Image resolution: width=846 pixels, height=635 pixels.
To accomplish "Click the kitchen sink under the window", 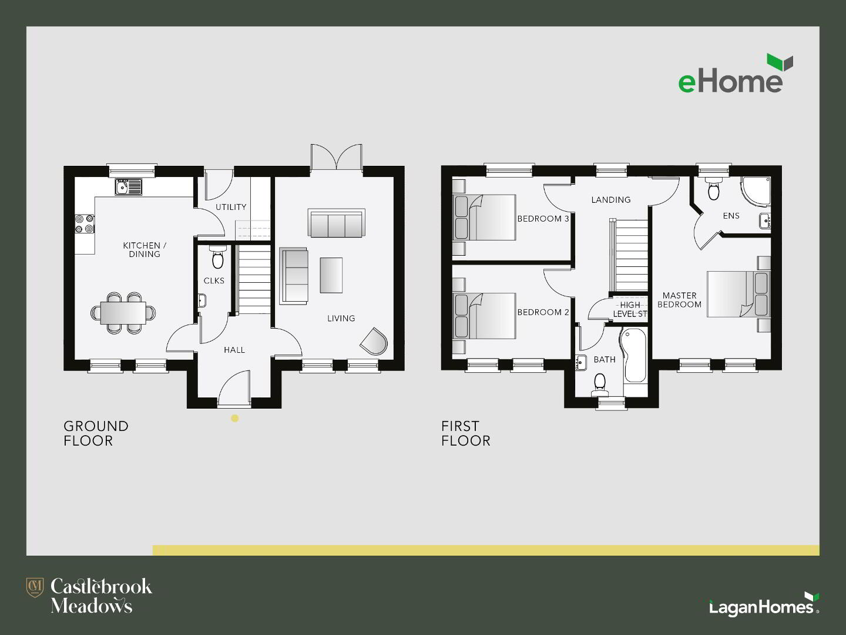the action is click(x=128, y=187).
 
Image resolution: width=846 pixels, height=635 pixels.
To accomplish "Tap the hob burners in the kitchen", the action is click(x=85, y=224).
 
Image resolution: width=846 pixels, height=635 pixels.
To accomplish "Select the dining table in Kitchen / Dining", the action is click(x=123, y=313).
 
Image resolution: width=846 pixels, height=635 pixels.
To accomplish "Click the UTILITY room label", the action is click(x=231, y=207).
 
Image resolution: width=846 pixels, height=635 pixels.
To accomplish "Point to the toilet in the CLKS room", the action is click(x=218, y=258).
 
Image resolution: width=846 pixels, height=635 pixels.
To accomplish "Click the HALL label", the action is click(x=234, y=350).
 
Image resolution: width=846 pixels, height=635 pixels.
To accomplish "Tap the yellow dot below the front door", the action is click(x=235, y=418).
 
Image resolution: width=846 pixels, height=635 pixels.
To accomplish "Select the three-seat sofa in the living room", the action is click(x=337, y=223).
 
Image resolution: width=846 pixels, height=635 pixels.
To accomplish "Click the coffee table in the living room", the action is click(x=331, y=275).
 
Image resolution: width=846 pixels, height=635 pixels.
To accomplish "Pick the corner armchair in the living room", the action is click(x=374, y=341).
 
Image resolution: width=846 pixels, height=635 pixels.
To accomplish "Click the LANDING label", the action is click(x=611, y=200).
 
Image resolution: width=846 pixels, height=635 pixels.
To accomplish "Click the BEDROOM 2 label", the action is click(x=543, y=312).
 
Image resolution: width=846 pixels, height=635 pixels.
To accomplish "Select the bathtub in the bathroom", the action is click(x=633, y=356).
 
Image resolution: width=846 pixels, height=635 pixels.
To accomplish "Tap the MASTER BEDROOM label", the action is click(x=680, y=300).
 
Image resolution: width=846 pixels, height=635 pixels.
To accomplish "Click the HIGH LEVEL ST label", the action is click(x=630, y=310).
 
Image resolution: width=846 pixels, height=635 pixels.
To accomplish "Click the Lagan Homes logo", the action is click(x=764, y=606).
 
